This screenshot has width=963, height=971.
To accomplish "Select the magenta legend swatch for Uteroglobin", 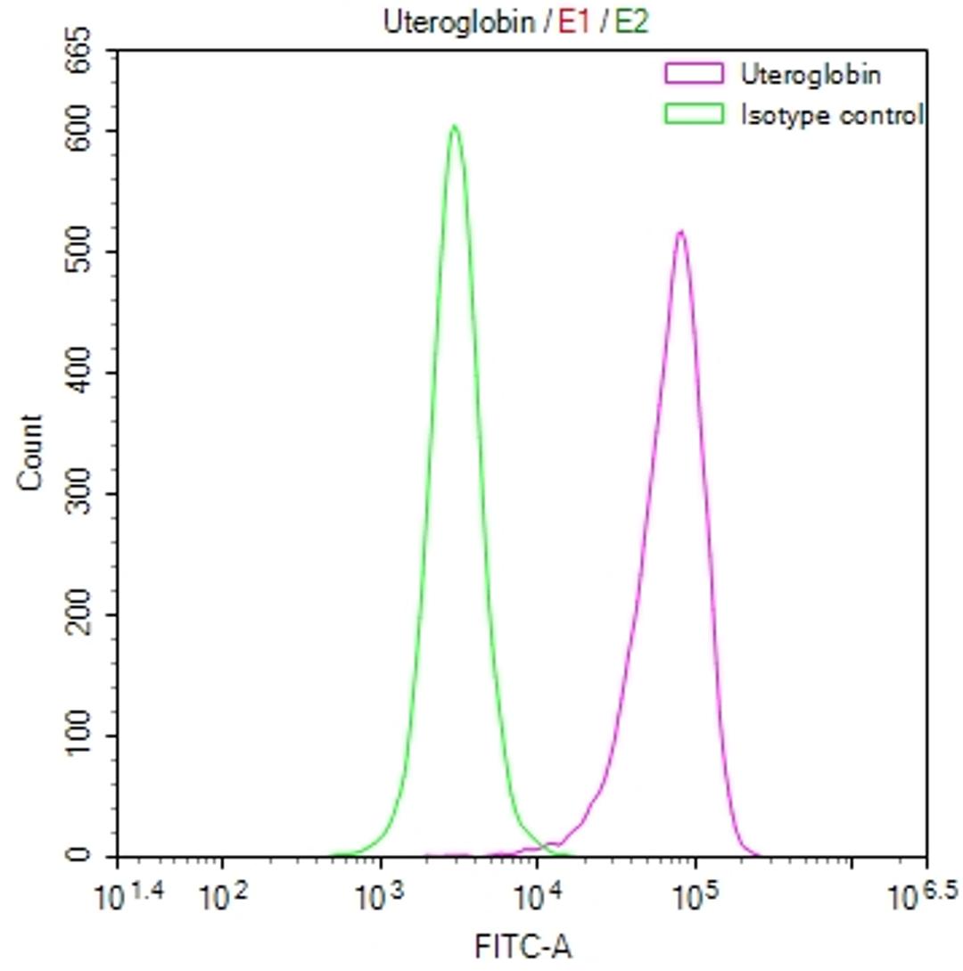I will (693, 74).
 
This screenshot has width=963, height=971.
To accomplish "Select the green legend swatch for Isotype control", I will (693, 113).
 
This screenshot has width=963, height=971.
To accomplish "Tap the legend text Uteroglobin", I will (811, 74).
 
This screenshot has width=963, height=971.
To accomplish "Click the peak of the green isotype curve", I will (455, 126).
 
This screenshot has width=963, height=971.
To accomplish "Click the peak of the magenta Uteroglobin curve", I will (681, 232).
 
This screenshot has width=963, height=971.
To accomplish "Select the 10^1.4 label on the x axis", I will (126, 894).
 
